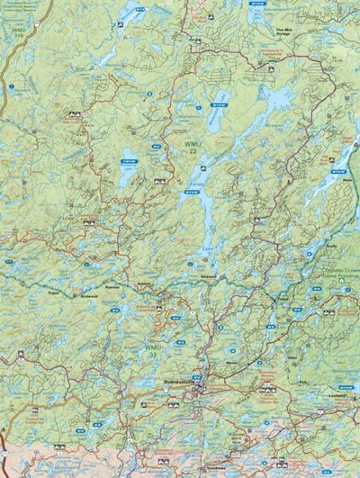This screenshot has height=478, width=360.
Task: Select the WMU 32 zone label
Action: (154, 348)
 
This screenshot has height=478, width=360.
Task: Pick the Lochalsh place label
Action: (339, 395)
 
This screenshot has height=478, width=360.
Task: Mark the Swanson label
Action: (209, 277)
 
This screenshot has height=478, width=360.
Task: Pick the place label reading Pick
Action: (303, 383)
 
